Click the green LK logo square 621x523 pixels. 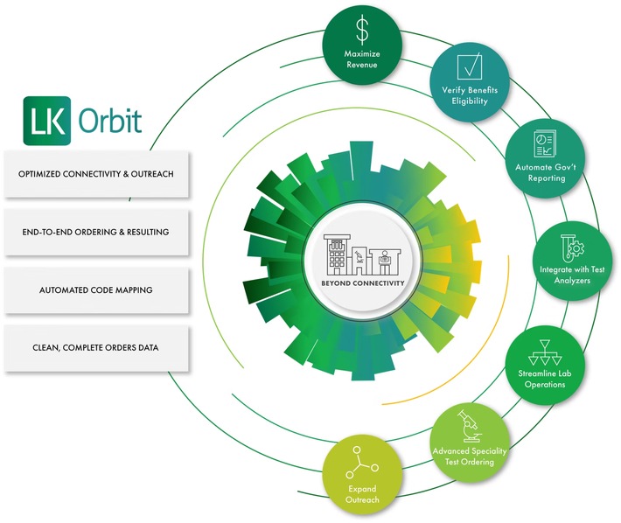[47, 121]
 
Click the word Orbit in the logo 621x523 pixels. [110, 121]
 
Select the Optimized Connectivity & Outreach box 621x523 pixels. [96, 174]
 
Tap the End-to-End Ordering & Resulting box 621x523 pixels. [96, 232]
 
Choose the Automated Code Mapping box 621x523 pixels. [96, 290]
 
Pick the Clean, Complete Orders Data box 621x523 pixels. [96, 348]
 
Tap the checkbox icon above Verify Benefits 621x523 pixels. [470, 66]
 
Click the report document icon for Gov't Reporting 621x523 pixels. [545, 143]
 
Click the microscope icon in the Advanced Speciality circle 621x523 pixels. [469, 427]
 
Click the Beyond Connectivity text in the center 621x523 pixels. [363, 283]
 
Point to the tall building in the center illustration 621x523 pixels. [337, 255]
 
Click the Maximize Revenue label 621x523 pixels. [362, 59]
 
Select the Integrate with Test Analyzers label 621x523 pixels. [572, 275]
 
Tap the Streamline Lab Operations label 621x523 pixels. [545, 379]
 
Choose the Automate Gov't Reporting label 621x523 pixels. [546, 172]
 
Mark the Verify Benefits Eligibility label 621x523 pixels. [470, 95]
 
